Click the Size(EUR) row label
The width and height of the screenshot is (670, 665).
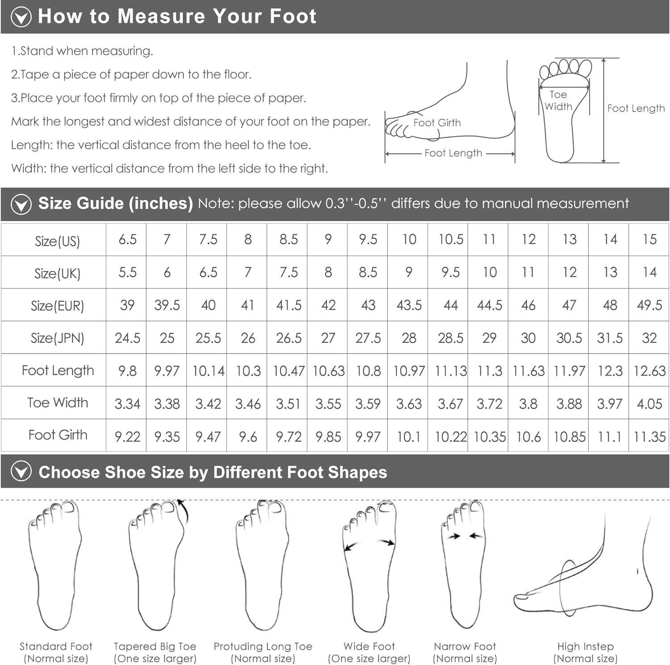(x=57, y=306)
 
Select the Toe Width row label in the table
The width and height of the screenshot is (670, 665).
(x=58, y=403)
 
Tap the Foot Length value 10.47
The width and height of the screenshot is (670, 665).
(x=289, y=371)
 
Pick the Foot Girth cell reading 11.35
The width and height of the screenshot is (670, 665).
(x=649, y=436)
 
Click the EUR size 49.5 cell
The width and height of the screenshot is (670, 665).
(x=649, y=305)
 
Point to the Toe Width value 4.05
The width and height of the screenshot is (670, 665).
(x=649, y=404)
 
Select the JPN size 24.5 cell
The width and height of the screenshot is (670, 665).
(x=127, y=338)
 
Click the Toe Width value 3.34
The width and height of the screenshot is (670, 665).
(x=127, y=404)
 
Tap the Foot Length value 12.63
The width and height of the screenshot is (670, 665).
(x=649, y=371)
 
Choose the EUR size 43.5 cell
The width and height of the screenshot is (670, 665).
(x=409, y=305)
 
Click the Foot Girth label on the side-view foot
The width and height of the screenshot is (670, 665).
(x=437, y=123)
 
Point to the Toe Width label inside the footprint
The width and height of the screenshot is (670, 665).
(x=558, y=100)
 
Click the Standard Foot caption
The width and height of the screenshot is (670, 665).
(x=56, y=652)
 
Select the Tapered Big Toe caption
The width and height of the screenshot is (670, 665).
(x=155, y=652)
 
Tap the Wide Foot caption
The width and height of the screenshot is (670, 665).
(x=369, y=652)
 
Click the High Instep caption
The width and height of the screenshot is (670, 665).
(x=585, y=652)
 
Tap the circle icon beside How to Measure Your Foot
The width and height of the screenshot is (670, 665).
(x=21, y=17)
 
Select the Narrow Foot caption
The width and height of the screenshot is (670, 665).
(x=465, y=652)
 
